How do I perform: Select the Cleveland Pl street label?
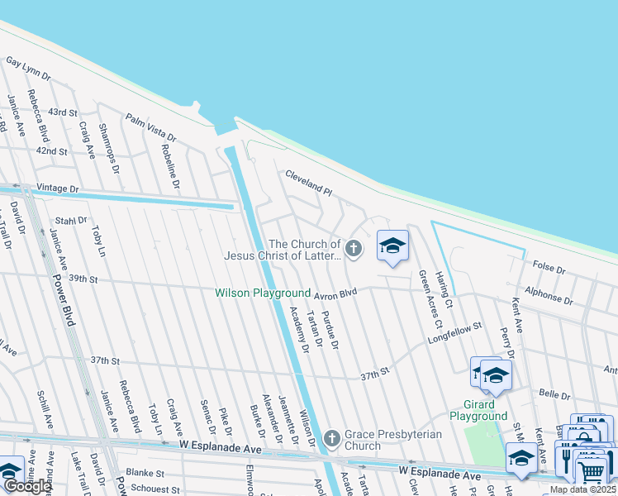coord(308,183)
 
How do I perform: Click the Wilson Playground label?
coord(263,293)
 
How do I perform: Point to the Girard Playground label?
coord(478,410)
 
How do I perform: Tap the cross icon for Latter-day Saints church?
coord(354,249)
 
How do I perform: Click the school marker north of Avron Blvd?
coord(393,246)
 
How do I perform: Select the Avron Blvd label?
coord(335,293)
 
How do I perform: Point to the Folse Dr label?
coord(549,269)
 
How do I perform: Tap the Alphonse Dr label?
coord(548,295)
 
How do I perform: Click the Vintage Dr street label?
coord(57,189)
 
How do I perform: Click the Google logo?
coord(28,486)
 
